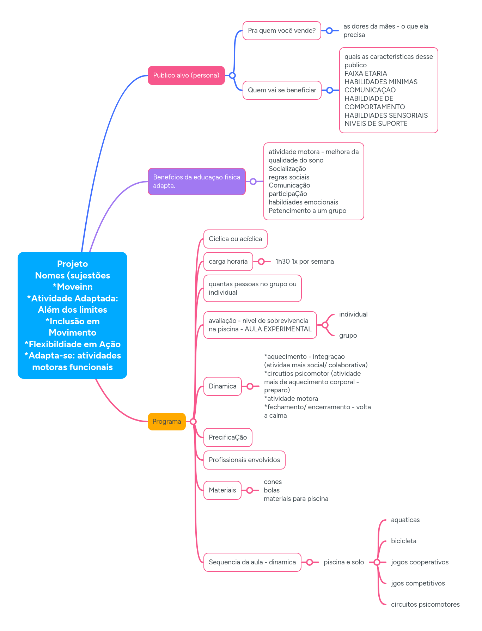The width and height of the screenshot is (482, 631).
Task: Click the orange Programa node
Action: coord(166,421)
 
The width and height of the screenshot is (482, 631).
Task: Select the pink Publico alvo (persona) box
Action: coord(186,75)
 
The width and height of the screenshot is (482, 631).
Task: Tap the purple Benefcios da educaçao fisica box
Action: coord(196,181)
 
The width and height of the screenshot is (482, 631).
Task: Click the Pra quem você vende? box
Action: coord(282,31)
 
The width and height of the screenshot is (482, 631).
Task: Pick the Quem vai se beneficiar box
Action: coord(282,90)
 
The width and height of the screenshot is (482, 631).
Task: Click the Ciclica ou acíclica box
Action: coord(235,239)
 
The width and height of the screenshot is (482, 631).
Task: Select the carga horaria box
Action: coord(228,261)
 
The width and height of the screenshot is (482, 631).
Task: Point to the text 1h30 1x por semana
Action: coord(304,261)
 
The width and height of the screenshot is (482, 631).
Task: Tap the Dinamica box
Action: coord(222,386)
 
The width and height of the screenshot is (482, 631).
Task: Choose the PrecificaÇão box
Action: coord(228,437)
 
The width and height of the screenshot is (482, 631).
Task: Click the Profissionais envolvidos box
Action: coord(244,460)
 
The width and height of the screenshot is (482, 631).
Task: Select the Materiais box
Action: coord(222,490)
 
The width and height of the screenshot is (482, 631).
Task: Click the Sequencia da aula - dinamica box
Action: coord(252,562)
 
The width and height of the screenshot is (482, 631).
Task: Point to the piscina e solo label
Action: coord(344,562)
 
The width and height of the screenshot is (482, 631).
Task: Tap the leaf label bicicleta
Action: coord(403,541)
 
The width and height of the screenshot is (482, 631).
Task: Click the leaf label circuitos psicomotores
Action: coord(425,604)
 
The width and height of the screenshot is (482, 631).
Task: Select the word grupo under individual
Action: coord(348,335)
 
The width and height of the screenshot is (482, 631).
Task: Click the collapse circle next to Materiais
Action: coord(250,490)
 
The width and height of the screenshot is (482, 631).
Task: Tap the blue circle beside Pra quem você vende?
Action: coord(329,31)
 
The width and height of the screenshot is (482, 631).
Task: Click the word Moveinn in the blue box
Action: coord(74,287)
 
